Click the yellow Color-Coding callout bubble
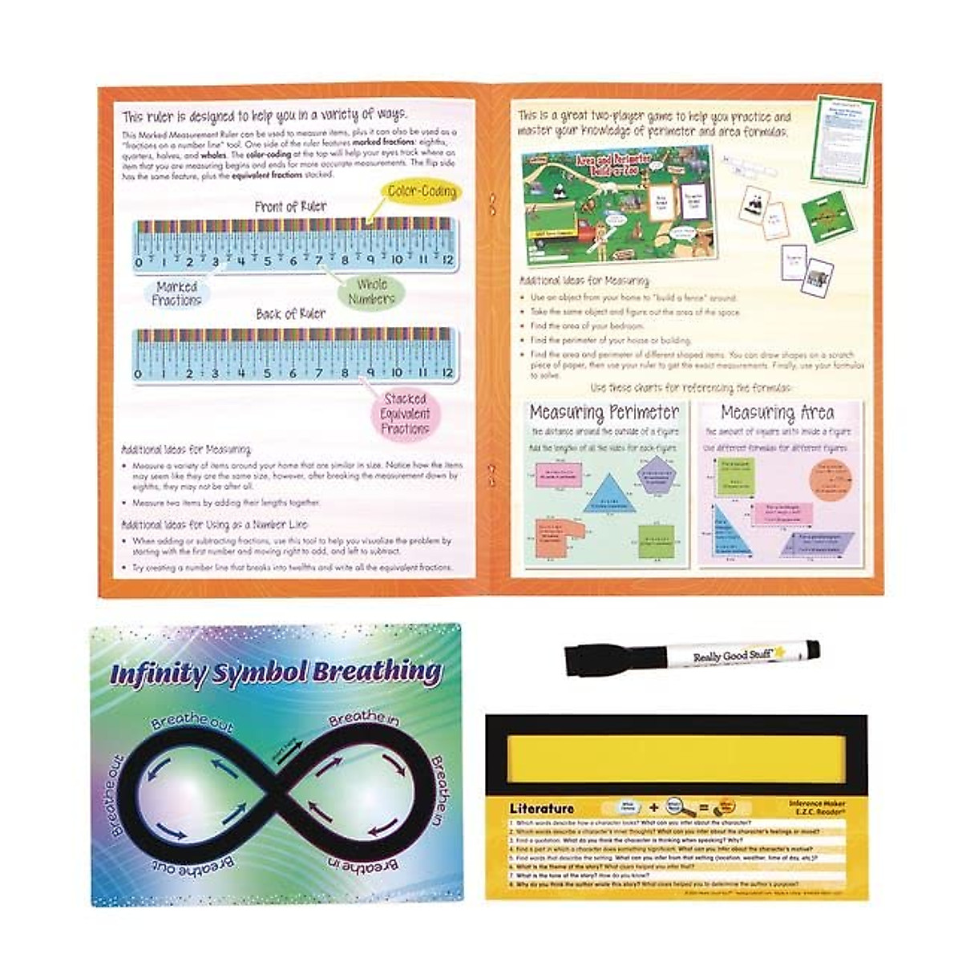tap(422, 192)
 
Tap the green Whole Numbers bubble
tap(371, 292)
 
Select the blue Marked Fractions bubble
tap(177, 293)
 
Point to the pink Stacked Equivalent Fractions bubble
tap(406, 414)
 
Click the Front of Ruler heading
tap(290, 207)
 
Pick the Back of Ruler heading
tap(290, 314)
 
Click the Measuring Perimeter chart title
tap(604, 414)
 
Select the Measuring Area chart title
tap(777, 414)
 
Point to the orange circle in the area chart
tap(831, 475)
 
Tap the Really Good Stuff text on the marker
tap(726, 655)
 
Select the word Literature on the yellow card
tap(542, 808)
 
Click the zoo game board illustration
tap(616, 204)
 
